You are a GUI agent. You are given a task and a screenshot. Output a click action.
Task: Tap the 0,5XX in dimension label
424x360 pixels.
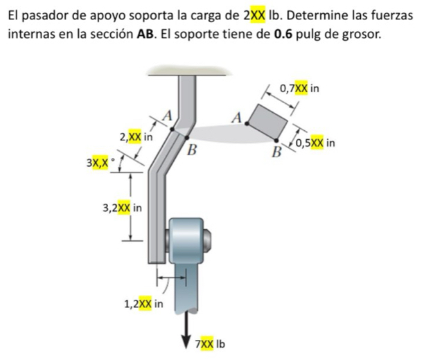click(315, 143)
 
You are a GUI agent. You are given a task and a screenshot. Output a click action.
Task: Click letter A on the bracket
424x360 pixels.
click(166, 114)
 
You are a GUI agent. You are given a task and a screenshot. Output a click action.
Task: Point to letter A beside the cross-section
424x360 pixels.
click(236, 117)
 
